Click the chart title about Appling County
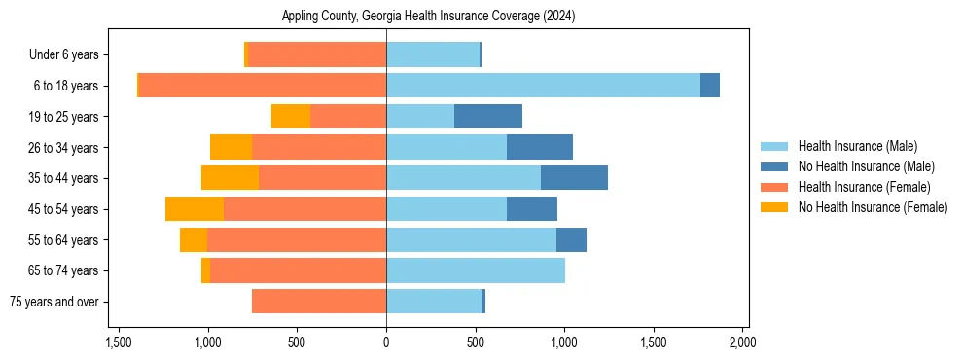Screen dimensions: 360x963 click(429, 17)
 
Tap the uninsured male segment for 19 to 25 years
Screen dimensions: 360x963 click(488, 117)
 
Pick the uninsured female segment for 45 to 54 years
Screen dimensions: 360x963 click(195, 209)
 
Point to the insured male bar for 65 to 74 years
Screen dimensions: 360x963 click(476, 270)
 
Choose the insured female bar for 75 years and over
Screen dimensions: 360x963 click(319, 302)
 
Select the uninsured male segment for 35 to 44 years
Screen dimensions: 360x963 click(574, 178)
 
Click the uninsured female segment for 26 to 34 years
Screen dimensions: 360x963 click(231, 147)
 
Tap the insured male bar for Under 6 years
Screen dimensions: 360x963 click(433, 54)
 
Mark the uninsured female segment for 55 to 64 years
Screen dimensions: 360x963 click(194, 240)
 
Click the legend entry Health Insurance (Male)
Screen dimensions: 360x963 click(857, 146)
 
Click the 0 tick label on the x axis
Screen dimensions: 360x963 click(386, 342)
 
